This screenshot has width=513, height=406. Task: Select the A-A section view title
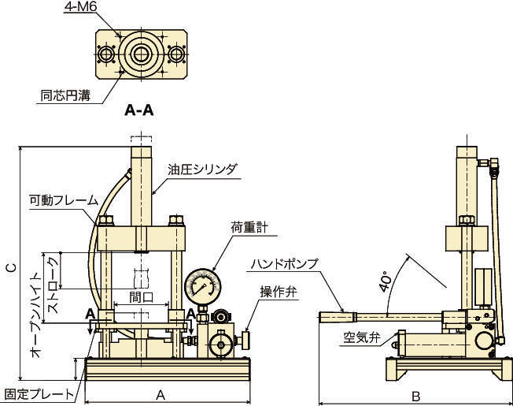coord(139,111)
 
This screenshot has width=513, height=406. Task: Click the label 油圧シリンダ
coord(202,169)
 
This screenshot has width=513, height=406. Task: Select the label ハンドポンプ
coord(284,264)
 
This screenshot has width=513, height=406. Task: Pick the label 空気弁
coord(361,339)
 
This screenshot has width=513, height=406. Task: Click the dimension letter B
coord(416,394)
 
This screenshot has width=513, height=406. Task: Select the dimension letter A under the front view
coord(161,394)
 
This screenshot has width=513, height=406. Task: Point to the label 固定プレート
coord(39,393)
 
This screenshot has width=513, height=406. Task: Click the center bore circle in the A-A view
coord(142,54)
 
